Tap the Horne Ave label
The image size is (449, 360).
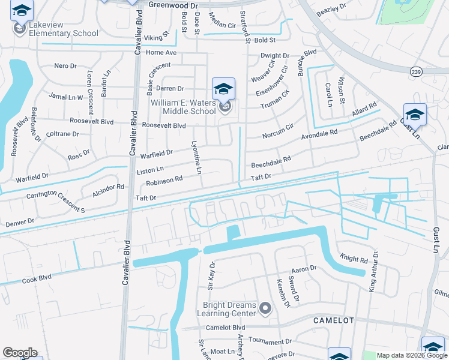tap(163, 53)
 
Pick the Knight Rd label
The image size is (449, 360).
tap(354, 260)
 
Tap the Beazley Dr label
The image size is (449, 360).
tap(332, 9)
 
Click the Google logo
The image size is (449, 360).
tap(20, 353)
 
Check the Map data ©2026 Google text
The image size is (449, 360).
tap(411, 355)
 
